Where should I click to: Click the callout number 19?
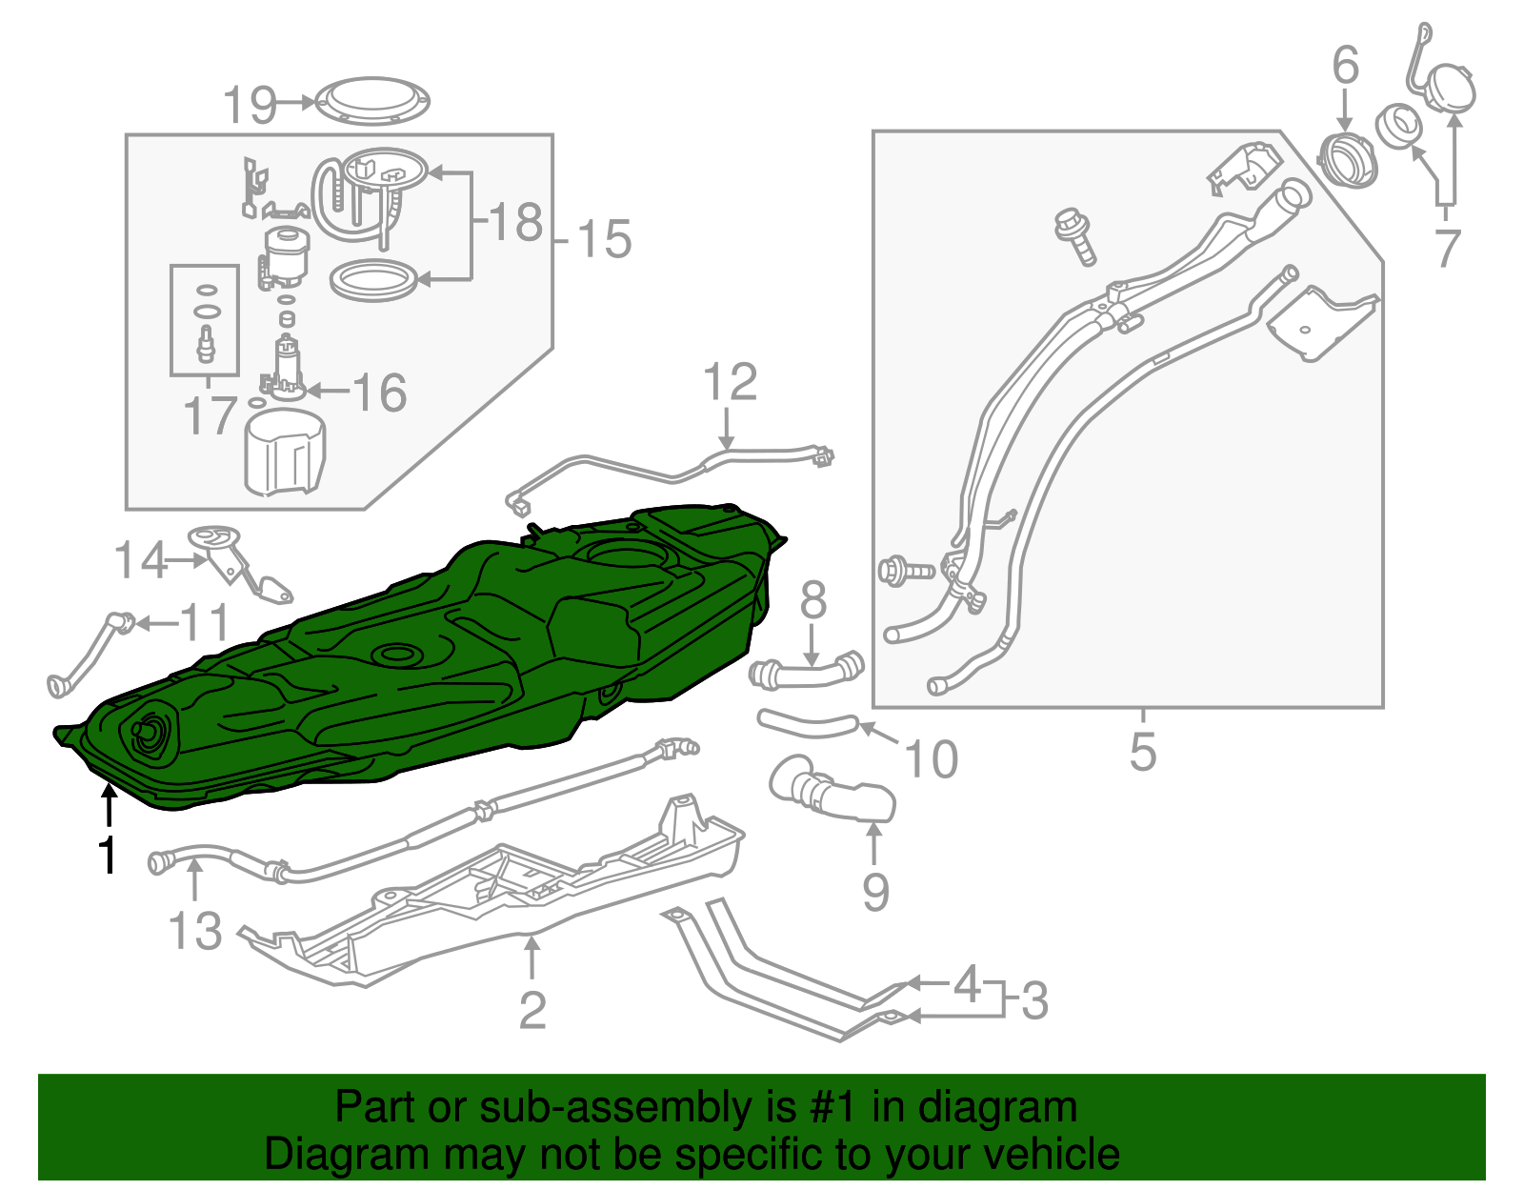[x=250, y=105]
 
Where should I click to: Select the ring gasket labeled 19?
[x=372, y=100]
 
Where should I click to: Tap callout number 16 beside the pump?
[x=379, y=393]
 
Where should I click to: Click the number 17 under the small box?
[x=210, y=416]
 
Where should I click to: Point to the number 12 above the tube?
[x=730, y=383]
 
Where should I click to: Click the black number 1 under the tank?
[x=109, y=855]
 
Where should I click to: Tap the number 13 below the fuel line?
[x=194, y=931]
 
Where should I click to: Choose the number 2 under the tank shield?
[x=532, y=1010]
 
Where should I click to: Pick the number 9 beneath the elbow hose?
[x=875, y=893]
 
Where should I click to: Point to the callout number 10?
[x=931, y=759]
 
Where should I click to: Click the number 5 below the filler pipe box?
[x=1142, y=751]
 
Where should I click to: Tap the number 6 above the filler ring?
[x=1345, y=67]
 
